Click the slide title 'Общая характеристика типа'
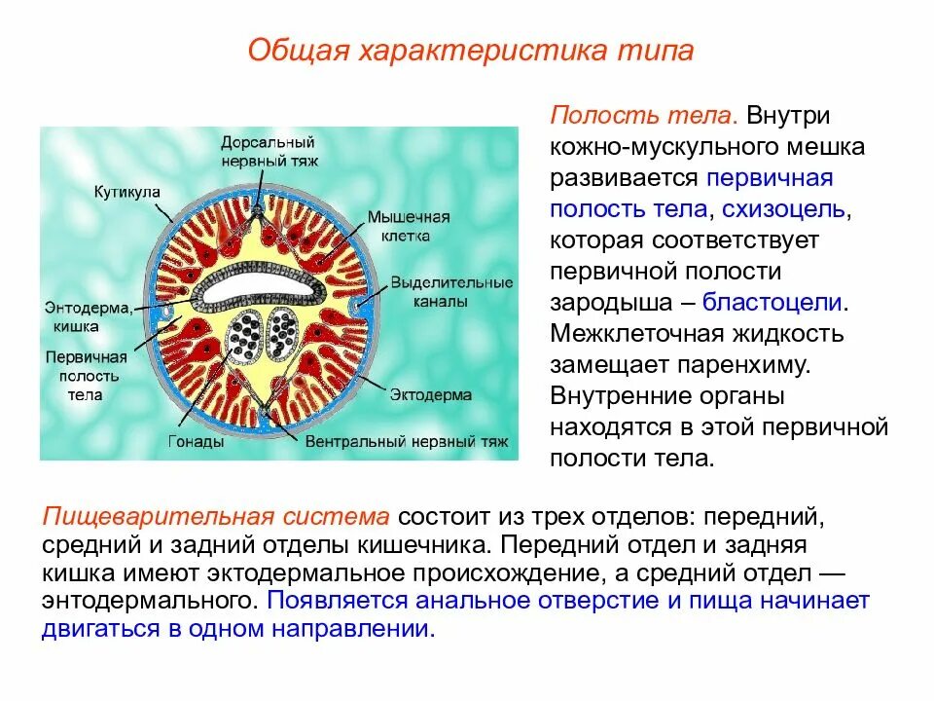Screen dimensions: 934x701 tap(470, 51)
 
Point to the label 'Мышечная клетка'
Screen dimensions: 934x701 tap(409, 225)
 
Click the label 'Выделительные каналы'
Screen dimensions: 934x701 tap(450, 292)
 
